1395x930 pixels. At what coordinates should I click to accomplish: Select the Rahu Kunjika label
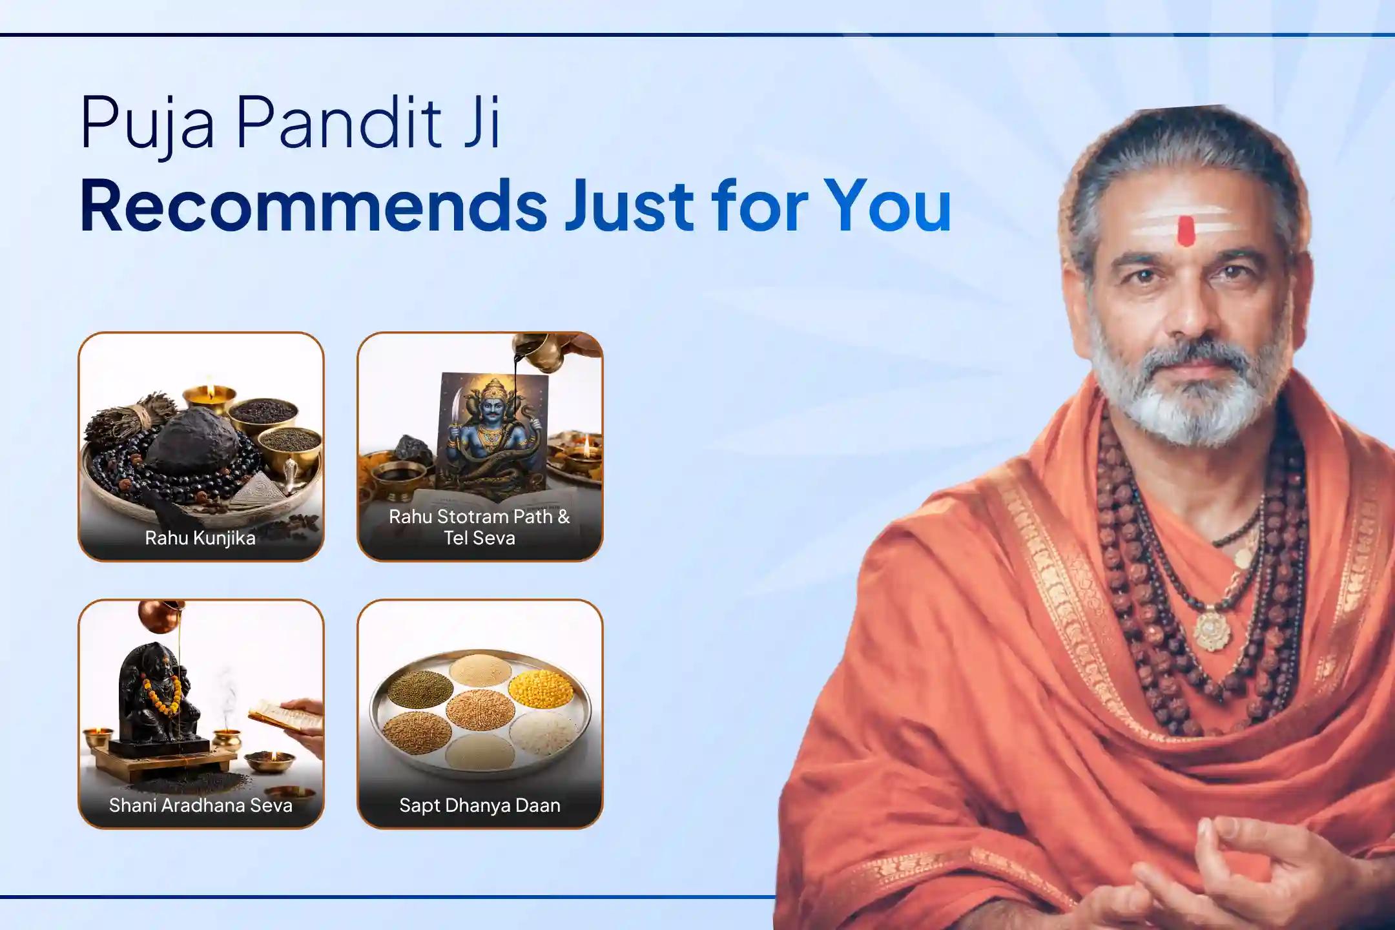tap(200, 537)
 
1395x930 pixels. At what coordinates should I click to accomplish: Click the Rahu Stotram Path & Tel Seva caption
tap(479, 527)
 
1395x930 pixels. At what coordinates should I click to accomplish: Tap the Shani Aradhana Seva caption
tap(200, 805)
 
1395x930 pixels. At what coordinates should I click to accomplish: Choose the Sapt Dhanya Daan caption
tap(479, 805)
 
